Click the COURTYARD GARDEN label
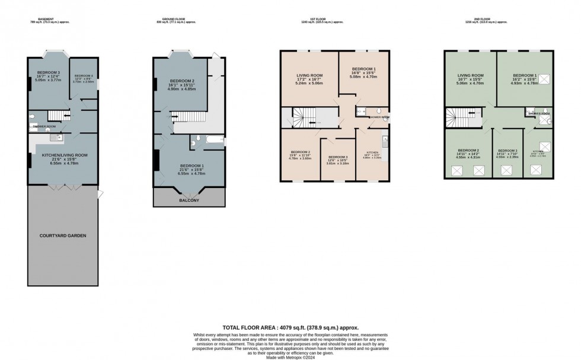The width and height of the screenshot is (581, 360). [62, 235]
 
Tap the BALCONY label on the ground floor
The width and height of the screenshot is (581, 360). [189, 200]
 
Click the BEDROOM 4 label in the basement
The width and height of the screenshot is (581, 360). [84, 76]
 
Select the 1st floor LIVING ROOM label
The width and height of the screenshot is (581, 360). [309, 75]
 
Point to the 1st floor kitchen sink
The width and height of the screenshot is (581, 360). [385, 141]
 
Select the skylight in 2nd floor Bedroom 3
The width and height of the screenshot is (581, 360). [507, 170]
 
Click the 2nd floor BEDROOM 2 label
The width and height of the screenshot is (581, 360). [468, 151]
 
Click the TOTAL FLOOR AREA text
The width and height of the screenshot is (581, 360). [290, 327]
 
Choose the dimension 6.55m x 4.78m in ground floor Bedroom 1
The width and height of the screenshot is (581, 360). [189, 174]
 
